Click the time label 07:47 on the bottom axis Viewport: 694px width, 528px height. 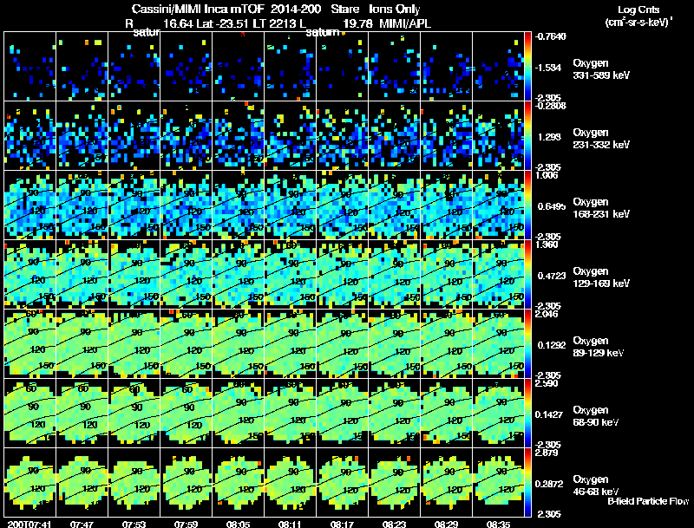tap(82, 524)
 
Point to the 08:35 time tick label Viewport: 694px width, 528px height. tap(498, 524)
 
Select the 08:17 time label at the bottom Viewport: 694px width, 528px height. tap(343, 524)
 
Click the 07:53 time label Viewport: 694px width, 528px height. tap(134, 524)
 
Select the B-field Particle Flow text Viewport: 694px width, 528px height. tap(648, 501)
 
